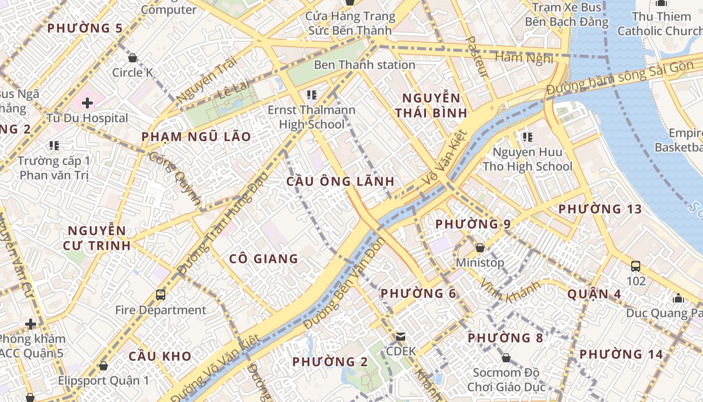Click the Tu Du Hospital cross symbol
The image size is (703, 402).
[x=87, y=103]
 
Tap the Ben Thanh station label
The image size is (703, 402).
[x=365, y=65]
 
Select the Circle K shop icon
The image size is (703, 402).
[x=133, y=58]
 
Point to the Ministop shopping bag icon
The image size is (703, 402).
[x=480, y=247]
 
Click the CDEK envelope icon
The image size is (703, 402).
[x=400, y=336]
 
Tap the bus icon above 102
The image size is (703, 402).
[x=636, y=266]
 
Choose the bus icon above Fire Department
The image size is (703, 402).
[x=161, y=294]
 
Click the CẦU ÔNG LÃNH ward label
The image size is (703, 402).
[x=340, y=181]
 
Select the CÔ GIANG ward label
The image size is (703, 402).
[x=264, y=259]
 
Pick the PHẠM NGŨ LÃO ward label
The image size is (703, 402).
[x=196, y=137]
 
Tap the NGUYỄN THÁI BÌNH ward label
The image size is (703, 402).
[x=431, y=105]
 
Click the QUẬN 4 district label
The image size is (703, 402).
[x=594, y=294]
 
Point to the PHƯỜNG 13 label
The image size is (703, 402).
[x=600, y=209]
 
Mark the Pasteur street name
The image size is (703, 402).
[x=477, y=56]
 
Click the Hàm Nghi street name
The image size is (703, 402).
[x=524, y=58]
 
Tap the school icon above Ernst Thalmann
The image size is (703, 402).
[x=311, y=94]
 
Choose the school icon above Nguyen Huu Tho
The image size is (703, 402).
[x=527, y=137]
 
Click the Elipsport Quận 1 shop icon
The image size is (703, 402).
[x=103, y=366]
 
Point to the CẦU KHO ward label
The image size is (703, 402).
[x=160, y=356]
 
